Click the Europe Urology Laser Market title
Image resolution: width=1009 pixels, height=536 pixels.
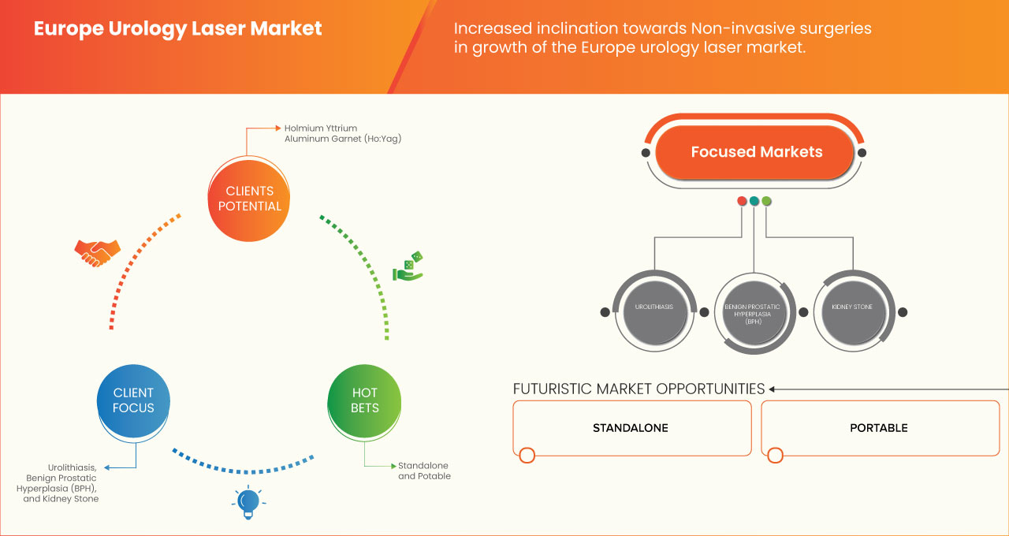pos(177,29)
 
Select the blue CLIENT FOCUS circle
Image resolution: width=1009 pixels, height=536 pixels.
pos(133,400)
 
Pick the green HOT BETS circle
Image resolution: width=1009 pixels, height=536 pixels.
pos(364,400)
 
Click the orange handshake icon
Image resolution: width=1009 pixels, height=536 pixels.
pos(97,252)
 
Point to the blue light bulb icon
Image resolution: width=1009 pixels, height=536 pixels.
pos(248,502)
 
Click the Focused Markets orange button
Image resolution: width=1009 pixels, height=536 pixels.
pos(756,152)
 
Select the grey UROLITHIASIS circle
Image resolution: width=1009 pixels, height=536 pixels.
pos(653,307)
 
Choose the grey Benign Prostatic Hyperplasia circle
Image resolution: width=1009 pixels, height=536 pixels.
pos(753,311)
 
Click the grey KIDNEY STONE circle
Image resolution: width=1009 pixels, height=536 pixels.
pos(852,307)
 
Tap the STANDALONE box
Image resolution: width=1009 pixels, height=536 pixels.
pos(631,428)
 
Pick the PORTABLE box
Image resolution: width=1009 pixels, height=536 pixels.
pos(879,428)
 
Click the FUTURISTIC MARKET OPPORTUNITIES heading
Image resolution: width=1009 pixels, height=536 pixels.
pos(639,389)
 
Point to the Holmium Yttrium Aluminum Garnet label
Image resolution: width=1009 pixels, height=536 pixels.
pos(332,132)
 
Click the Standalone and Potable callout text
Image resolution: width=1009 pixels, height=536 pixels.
pos(424,471)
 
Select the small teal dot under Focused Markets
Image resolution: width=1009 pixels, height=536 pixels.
pos(754,201)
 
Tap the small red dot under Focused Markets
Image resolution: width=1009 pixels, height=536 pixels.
pos(742,201)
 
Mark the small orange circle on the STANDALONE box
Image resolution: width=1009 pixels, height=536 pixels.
pos(527,455)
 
